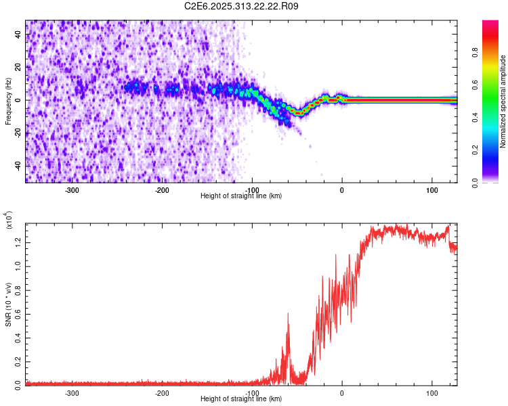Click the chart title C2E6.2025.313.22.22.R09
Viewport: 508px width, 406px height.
pos(242,6)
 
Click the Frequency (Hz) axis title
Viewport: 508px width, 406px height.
pos(8,100)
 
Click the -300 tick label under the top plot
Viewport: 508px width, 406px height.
pos(72,189)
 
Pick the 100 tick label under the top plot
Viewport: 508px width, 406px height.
pos(431,189)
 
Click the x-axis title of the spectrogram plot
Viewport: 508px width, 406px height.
pos(241,196)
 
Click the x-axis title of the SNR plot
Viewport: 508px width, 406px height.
pos(241,399)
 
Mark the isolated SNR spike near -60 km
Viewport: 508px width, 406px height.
pos(288,315)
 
